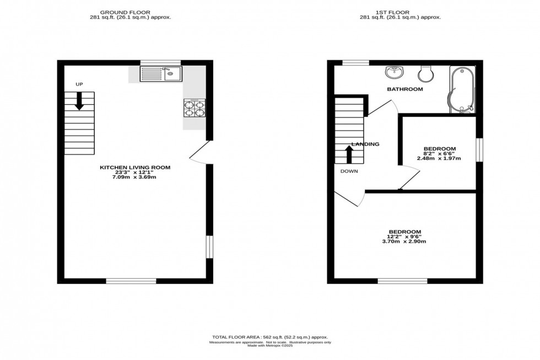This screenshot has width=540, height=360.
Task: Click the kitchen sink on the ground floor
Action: [160, 73]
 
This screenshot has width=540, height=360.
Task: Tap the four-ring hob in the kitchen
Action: [194, 108]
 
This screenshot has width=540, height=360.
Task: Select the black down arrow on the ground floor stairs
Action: [79, 101]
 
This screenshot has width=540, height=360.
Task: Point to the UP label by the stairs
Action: [79, 84]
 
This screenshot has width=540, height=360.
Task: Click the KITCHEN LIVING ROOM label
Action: [135, 167]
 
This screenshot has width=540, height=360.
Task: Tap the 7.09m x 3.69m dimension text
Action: [135, 177]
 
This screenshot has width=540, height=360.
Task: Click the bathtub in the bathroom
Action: [461, 90]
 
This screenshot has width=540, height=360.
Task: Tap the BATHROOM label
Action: [404, 89]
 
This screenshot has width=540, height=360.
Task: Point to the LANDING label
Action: [365, 144]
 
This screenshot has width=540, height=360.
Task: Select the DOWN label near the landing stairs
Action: [349, 171]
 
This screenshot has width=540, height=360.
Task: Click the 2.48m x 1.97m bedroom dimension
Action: [439, 159]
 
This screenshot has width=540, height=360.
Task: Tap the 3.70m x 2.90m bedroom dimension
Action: [405, 241]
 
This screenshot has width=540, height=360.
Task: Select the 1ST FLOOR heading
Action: [400, 12]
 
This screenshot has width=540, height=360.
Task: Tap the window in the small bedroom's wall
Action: [479, 149]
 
